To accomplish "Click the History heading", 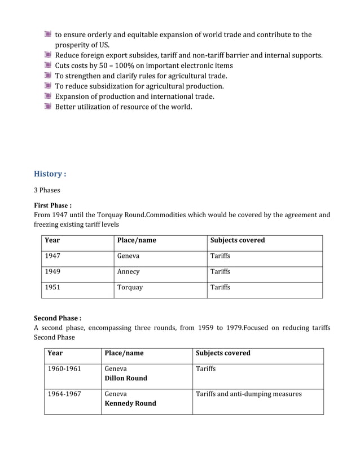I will pyautogui.click(x=50, y=173).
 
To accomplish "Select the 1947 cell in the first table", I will pyautogui.click(x=52, y=256).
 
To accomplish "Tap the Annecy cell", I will pyautogui.click(x=128, y=272).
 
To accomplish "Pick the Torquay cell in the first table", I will pyautogui.click(x=130, y=288).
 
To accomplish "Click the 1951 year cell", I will pyautogui.click(x=52, y=288).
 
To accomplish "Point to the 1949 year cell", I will pyautogui.click(x=52, y=272).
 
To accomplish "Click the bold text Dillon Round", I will pyautogui.click(x=126, y=379).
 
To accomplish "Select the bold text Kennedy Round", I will pyautogui.click(x=130, y=404).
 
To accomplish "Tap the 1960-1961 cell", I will pyautogui.click(x=64, y=369).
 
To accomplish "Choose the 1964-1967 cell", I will pyautogui.click(x=64, y=394).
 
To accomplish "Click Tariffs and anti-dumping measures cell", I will pyautogui.click(x=248, y=394).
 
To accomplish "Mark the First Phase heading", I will pyautogui.click(x=52, y=205).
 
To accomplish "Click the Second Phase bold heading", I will pyautogui.click(x=58, y=318).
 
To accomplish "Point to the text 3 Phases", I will pyautogui.click(x=47, y=190).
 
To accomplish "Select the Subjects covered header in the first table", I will pyautogui.click(x=237, y=240).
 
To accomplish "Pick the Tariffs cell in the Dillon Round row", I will pyautogui.click(x=205, y=369).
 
